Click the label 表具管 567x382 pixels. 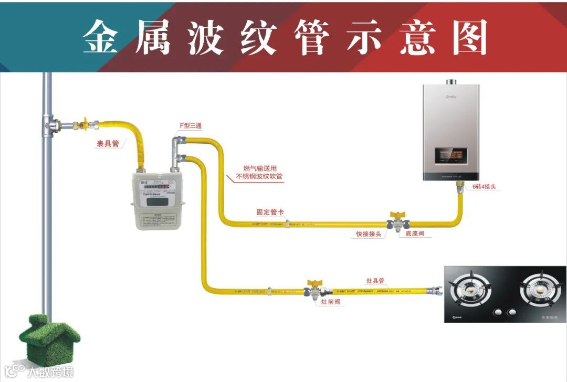(108, 144)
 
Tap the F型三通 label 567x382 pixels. (191, 126)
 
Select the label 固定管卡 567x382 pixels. (270, 213)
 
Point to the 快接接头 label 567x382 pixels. (367, 234)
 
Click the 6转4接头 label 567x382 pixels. (484, 187)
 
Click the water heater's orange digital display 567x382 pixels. (450, 156)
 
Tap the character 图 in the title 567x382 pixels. (470, 38)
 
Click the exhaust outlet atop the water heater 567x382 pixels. (451, 82)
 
